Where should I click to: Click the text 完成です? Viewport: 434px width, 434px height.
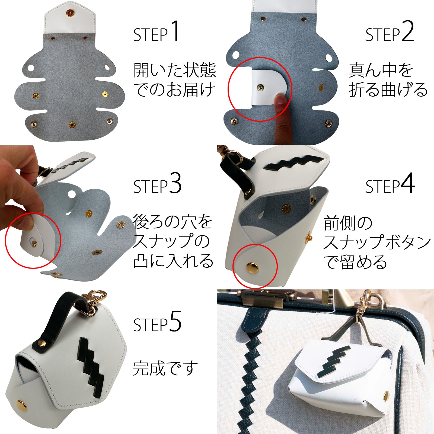[165, 368]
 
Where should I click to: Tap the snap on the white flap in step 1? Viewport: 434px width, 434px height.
[70, 13]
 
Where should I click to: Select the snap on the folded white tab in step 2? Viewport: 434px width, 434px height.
[260, 87]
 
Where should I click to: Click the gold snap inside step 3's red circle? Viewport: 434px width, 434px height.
[34, 243]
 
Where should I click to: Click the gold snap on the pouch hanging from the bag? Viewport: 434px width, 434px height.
[386, 396]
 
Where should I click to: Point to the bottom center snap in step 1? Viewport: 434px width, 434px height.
[72, 125]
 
